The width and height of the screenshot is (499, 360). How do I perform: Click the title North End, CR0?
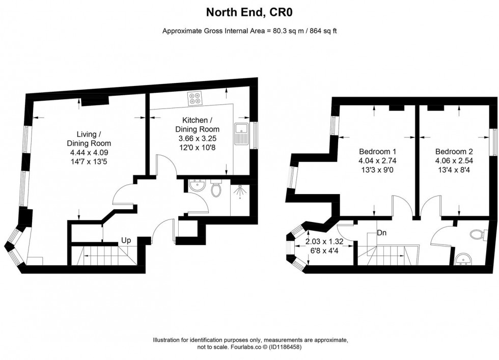click(249, 11)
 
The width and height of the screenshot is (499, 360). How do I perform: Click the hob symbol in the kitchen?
click(194, 98)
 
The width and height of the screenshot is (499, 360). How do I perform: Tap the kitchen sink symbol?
click(241, 132)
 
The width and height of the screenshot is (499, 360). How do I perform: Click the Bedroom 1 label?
click(377, 152)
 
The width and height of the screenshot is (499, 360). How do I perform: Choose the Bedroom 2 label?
click(454, 152)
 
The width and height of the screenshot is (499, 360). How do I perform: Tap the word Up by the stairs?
click(127, 240)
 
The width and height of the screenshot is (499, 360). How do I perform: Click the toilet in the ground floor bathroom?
click(216, 189)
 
